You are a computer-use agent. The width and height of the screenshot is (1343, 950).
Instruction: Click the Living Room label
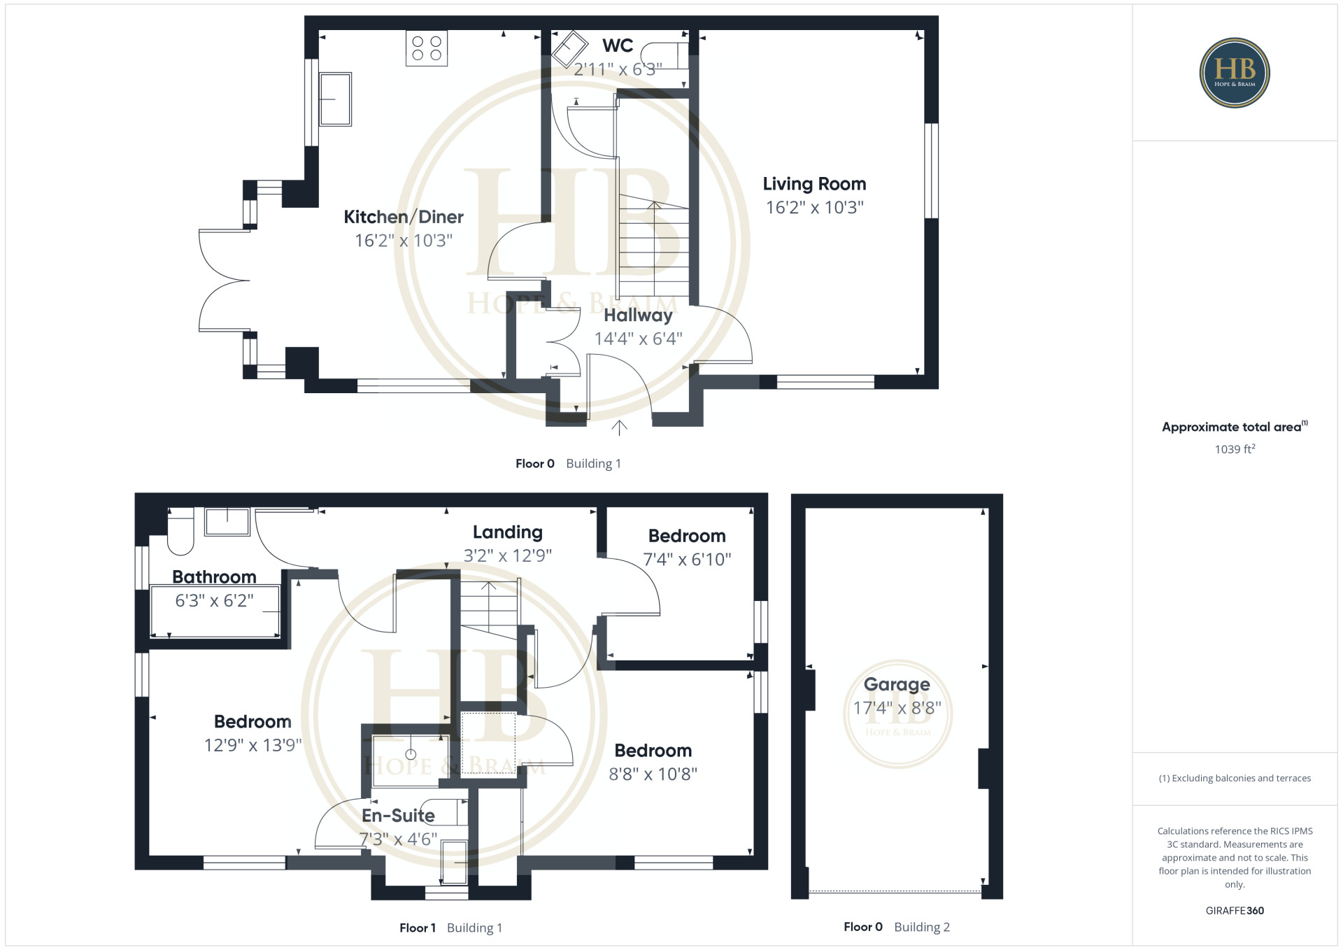pos(814,184)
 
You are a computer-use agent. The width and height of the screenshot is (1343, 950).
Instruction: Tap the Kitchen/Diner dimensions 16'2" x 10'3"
pos(404,241)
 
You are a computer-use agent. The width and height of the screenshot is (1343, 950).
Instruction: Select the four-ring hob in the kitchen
pos(427,48)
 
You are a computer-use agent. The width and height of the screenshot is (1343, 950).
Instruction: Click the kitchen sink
pos(335,99)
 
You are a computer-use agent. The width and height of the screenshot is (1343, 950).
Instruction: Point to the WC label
pos(618,45)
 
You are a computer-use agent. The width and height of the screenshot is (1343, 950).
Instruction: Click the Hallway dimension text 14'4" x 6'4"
pos(638,339)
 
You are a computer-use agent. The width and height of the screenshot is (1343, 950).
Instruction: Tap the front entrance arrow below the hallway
pos(619,427)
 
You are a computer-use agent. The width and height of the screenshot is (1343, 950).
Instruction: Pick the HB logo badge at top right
pos(1235,73)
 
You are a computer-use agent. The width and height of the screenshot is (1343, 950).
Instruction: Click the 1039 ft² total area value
pos(1235,449)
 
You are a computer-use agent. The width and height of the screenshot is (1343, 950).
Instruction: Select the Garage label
pos(897,684)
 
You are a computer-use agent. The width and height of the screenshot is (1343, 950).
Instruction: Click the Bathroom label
pos(214,577)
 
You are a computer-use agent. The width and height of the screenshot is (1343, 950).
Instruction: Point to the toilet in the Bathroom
pos(180,531)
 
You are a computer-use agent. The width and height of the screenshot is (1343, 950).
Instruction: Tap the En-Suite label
pos(398,816)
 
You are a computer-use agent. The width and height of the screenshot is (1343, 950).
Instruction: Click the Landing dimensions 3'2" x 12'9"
pos(508,555)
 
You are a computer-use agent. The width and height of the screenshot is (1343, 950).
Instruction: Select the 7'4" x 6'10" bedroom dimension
pos(687,559)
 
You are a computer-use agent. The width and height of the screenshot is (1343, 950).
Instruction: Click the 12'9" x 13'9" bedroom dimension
pos(253,745)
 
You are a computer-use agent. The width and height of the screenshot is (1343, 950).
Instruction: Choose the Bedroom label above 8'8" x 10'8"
pos(653,751)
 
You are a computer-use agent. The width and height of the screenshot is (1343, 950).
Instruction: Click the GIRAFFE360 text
pos(1235,911)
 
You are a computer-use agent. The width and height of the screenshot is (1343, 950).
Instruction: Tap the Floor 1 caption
pos(418,928)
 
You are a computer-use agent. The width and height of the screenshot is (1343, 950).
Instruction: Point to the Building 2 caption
pos(922,927)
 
